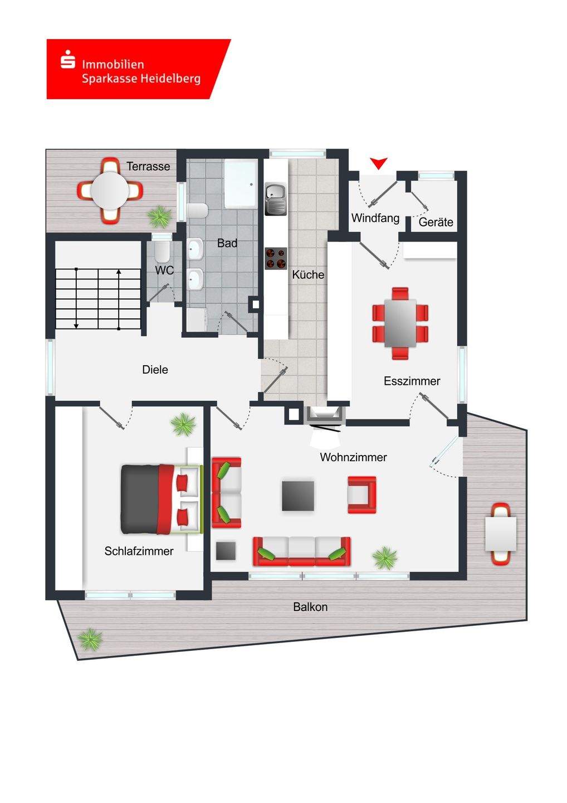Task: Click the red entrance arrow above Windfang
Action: [379, 163]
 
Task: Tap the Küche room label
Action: [308, 274]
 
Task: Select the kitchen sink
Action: [275, 199]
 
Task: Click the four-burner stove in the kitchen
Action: [275, 258]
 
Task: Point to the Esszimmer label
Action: [412, 381]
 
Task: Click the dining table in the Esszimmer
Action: [400, 323]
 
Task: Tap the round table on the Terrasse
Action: [110, 190]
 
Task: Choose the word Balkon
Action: [310, 607]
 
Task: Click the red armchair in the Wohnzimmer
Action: [362, 495]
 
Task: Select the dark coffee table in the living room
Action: [298, 495]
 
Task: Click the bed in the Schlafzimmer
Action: [160, 499]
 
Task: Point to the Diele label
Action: [155, 370]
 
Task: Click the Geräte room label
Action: [436, 222]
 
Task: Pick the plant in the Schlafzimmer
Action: [183, 425]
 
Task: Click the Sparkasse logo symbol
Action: [68, 59]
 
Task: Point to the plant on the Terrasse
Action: [160, 216]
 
